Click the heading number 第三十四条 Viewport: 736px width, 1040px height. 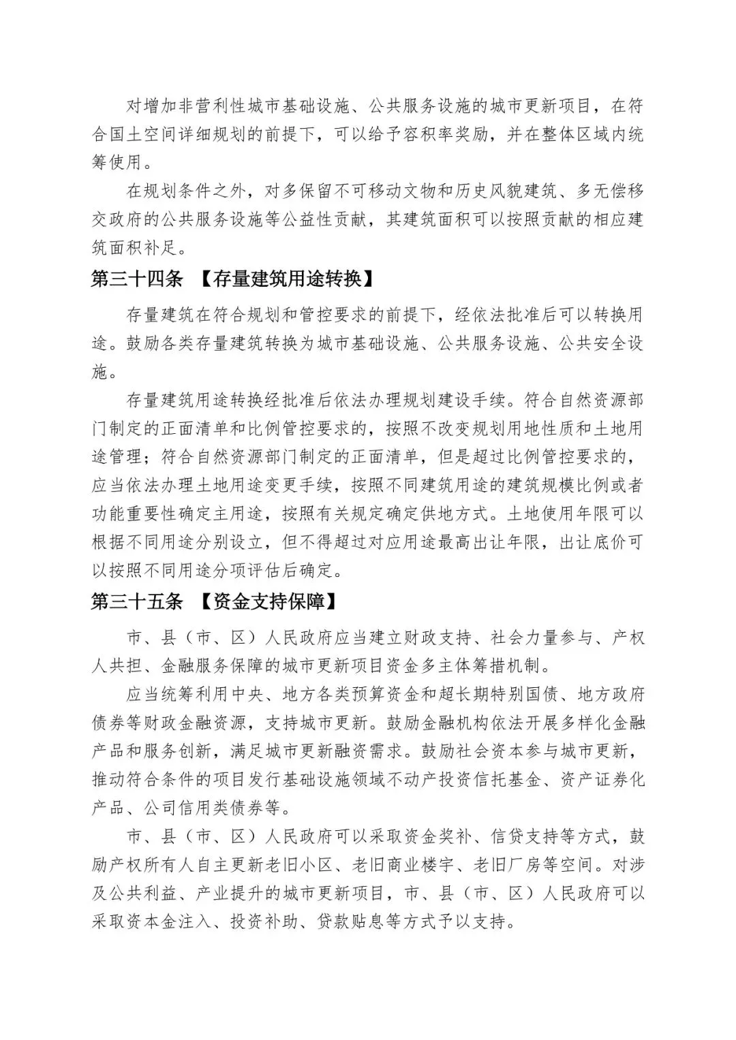[136, 279]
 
